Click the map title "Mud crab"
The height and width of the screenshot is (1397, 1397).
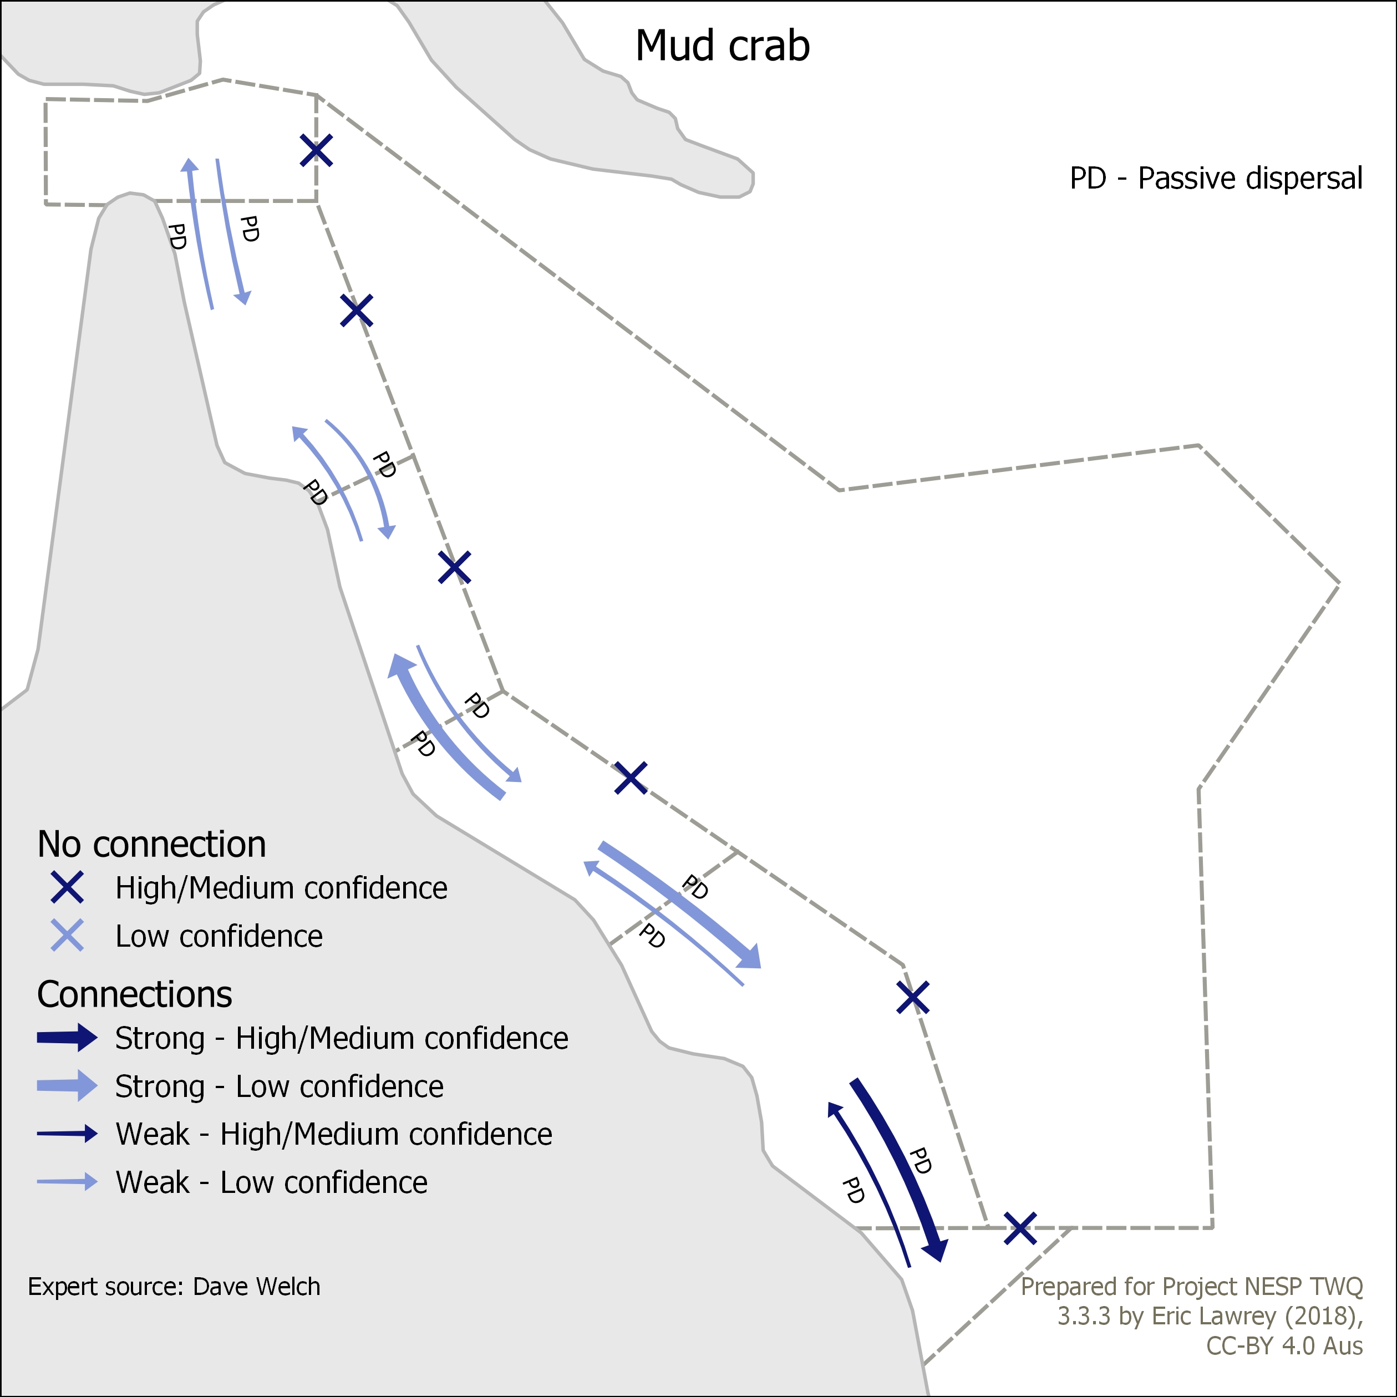click(x=723, y=46)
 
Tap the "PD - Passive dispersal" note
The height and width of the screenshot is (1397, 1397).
click(x=1216, y=179)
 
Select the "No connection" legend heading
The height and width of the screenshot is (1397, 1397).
click(x=152, y=845)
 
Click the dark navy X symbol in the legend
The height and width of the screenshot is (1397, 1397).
click(x=67, y=887)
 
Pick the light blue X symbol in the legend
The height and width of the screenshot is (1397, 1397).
click(x=67, y=935)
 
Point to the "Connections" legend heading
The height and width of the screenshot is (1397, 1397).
click(x=135, y=995)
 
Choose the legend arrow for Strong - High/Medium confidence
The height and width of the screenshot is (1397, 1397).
click(x=67, y=1038)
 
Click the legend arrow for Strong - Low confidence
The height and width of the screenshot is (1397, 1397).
click(x=67, y=1085)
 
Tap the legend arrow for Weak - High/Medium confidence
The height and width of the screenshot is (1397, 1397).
click(x=67, y=1134)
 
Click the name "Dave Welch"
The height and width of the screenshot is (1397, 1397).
click(x=257, y=1287)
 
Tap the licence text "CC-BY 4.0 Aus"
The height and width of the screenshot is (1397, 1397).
click(x=1284, y=1345)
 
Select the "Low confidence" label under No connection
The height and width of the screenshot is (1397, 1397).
click(x=219, y=936)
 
